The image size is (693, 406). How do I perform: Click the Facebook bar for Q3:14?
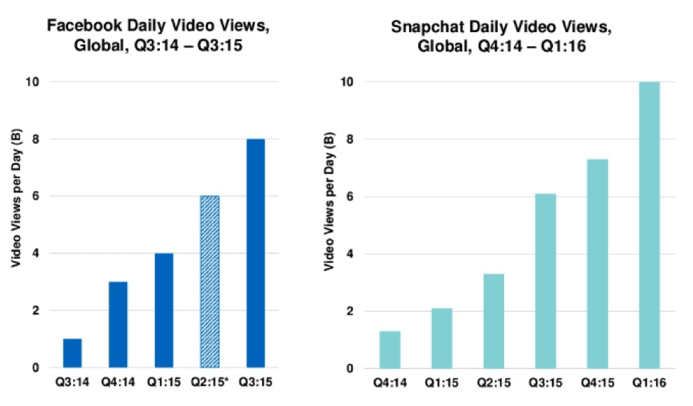pyautogui.click(x=72, y=353)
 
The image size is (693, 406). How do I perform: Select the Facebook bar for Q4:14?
pyautogui.click(x=118, y=325)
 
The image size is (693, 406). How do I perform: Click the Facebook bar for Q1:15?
pyautogui.click(x=163, y=311)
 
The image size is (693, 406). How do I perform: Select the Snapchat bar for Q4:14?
pyautogui.click(x=390, y=350)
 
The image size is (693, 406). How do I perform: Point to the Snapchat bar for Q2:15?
pyautogui.click(x=493, y=321)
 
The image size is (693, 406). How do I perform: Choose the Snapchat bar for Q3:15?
pyautogui.click(x=545, y=281)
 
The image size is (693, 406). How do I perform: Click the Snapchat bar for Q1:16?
pyautogui.click(x=649, y=225)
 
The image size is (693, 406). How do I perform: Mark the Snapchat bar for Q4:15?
pyautogui.click(x=597, y=264)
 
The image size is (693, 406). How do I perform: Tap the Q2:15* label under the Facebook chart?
pyautogui.click(x=209, y=382)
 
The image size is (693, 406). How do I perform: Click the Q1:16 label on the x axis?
pyautogui.click(x=649, y=383)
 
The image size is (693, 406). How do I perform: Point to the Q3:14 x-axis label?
pyautogui.click(x=72, y=382)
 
